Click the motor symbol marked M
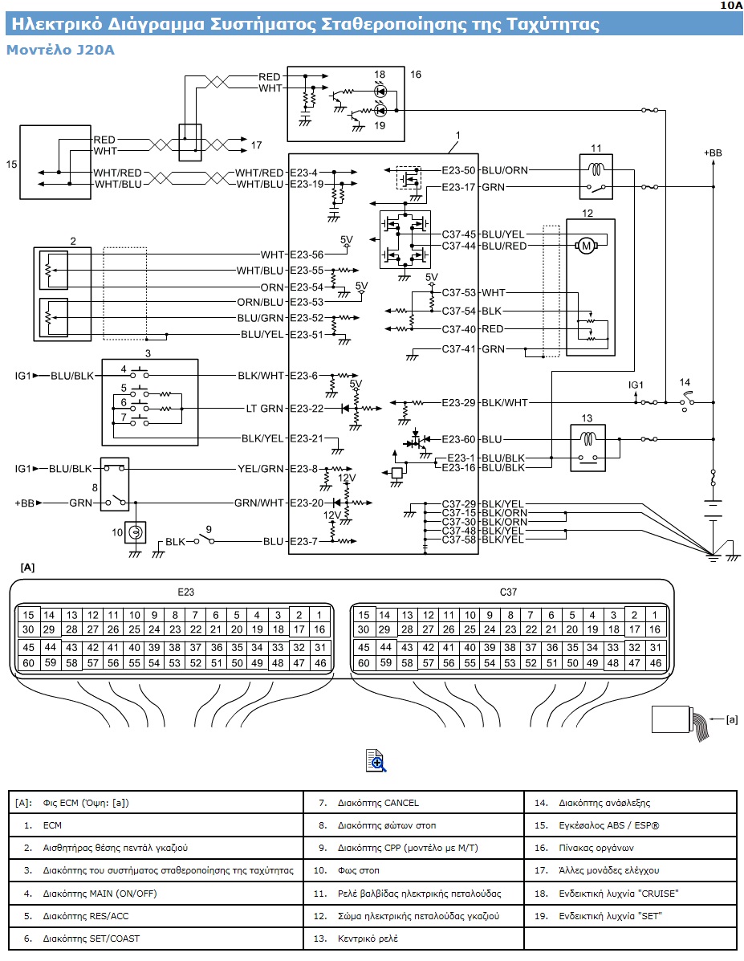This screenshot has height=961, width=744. [586, 246]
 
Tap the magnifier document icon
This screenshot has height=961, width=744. [376, 760]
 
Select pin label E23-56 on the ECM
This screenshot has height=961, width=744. [307, 255]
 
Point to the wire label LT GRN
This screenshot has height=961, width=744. [264, 408]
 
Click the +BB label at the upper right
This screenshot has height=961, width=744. [713, 153]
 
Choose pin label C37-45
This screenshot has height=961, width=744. [458, 234]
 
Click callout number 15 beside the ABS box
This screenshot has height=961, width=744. [11, 165]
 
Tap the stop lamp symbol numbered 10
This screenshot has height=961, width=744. [135, 532]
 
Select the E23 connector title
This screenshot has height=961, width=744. [185, 592]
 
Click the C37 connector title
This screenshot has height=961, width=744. [508, 592]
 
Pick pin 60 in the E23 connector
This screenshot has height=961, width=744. [28, 662]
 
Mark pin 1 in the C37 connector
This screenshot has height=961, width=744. [655, 615]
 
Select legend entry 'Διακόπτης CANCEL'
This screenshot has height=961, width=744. [378, 803]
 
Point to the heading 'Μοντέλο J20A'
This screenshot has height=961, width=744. [60, 50]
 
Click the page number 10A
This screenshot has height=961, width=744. [730, 5]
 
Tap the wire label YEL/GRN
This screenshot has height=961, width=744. [261, 469]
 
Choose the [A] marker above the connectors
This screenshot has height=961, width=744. [27, 568]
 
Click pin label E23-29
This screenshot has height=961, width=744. [458, 403]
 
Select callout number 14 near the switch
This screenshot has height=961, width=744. [685, 382]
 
